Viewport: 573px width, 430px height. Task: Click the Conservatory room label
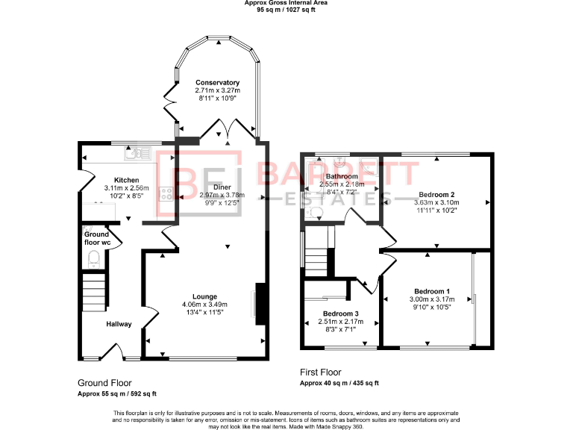[217, 82]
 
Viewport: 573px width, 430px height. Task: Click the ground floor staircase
[93, 292]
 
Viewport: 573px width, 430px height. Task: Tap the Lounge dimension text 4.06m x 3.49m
[204, 304]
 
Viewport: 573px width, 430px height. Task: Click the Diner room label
[222, 187]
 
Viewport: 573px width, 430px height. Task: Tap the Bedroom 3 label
[340, 314]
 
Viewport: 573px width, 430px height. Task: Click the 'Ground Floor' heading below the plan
[105, 381]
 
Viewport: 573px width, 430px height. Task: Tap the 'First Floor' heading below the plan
[320, 372]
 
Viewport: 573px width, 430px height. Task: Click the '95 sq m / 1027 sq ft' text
[286, 10]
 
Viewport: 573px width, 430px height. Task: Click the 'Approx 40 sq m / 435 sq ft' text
[339, 383]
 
